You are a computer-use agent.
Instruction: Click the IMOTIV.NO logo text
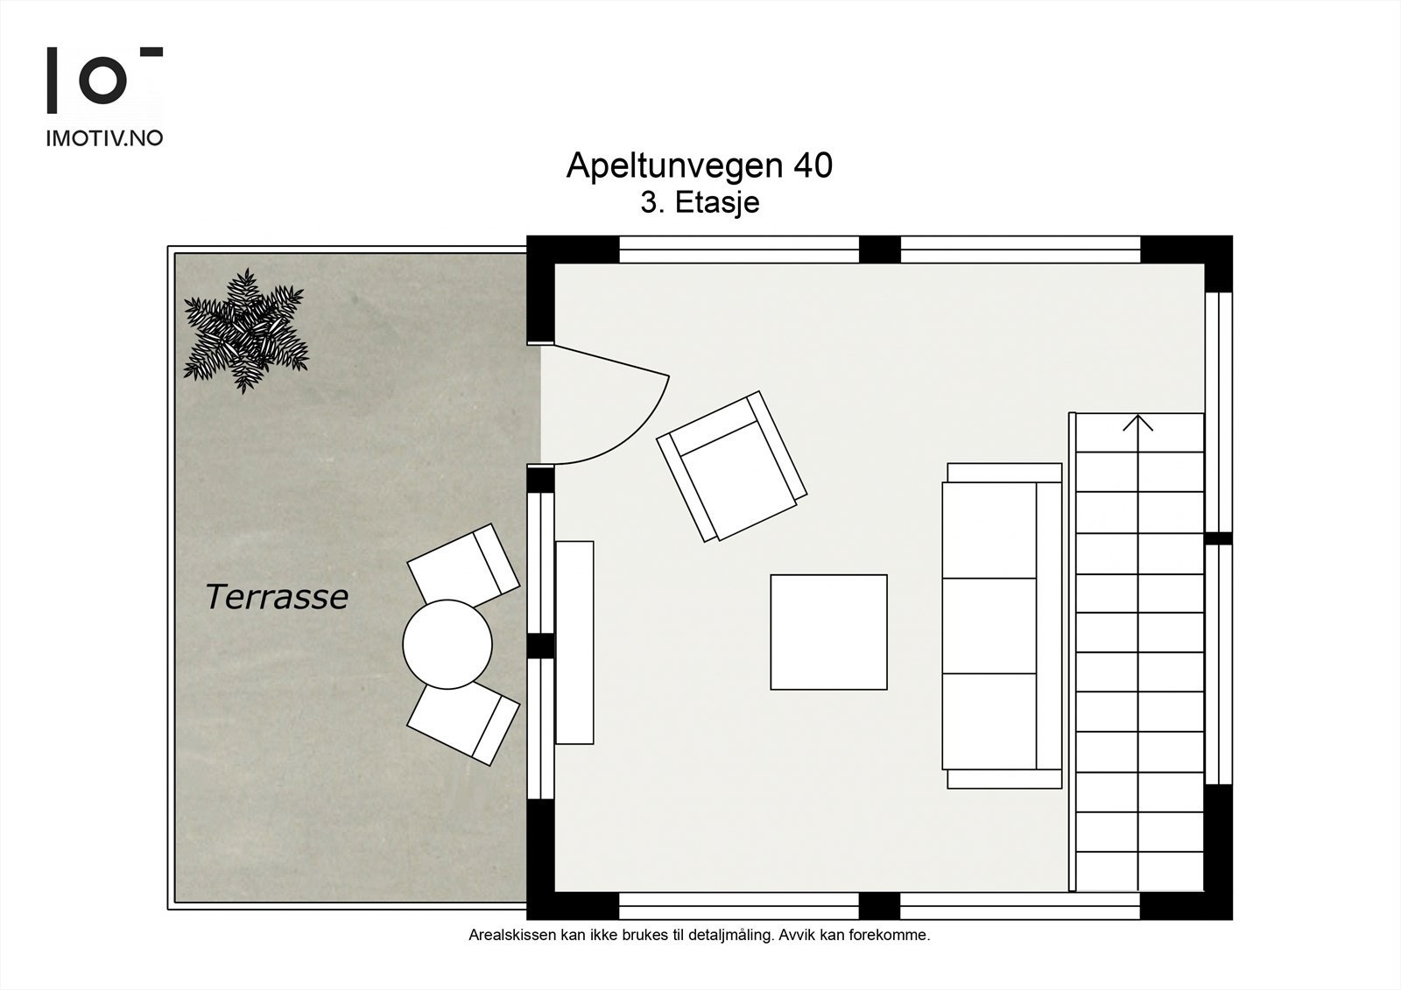[104, 138]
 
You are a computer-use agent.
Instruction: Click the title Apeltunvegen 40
[699, 165]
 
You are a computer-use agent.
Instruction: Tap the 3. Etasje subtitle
[699, 202]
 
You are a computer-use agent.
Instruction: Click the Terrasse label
[277, 597]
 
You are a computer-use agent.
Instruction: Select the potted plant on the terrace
[246, 331]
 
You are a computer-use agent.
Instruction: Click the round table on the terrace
[447, 644]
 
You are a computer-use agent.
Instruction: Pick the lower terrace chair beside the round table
[463, 721]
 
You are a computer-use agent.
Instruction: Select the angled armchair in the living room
[732, 466]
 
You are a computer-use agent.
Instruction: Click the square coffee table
[828, 632]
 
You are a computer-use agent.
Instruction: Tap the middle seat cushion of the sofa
[989, 625]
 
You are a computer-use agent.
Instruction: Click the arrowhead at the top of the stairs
[1137, 423]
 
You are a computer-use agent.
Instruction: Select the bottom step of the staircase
[1138, 872]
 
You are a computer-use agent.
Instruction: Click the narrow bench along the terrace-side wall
[574, 642]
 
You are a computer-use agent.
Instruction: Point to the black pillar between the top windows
[879, 249]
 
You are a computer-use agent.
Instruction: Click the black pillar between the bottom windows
[879, 905]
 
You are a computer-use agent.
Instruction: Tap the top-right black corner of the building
[1208, 254]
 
